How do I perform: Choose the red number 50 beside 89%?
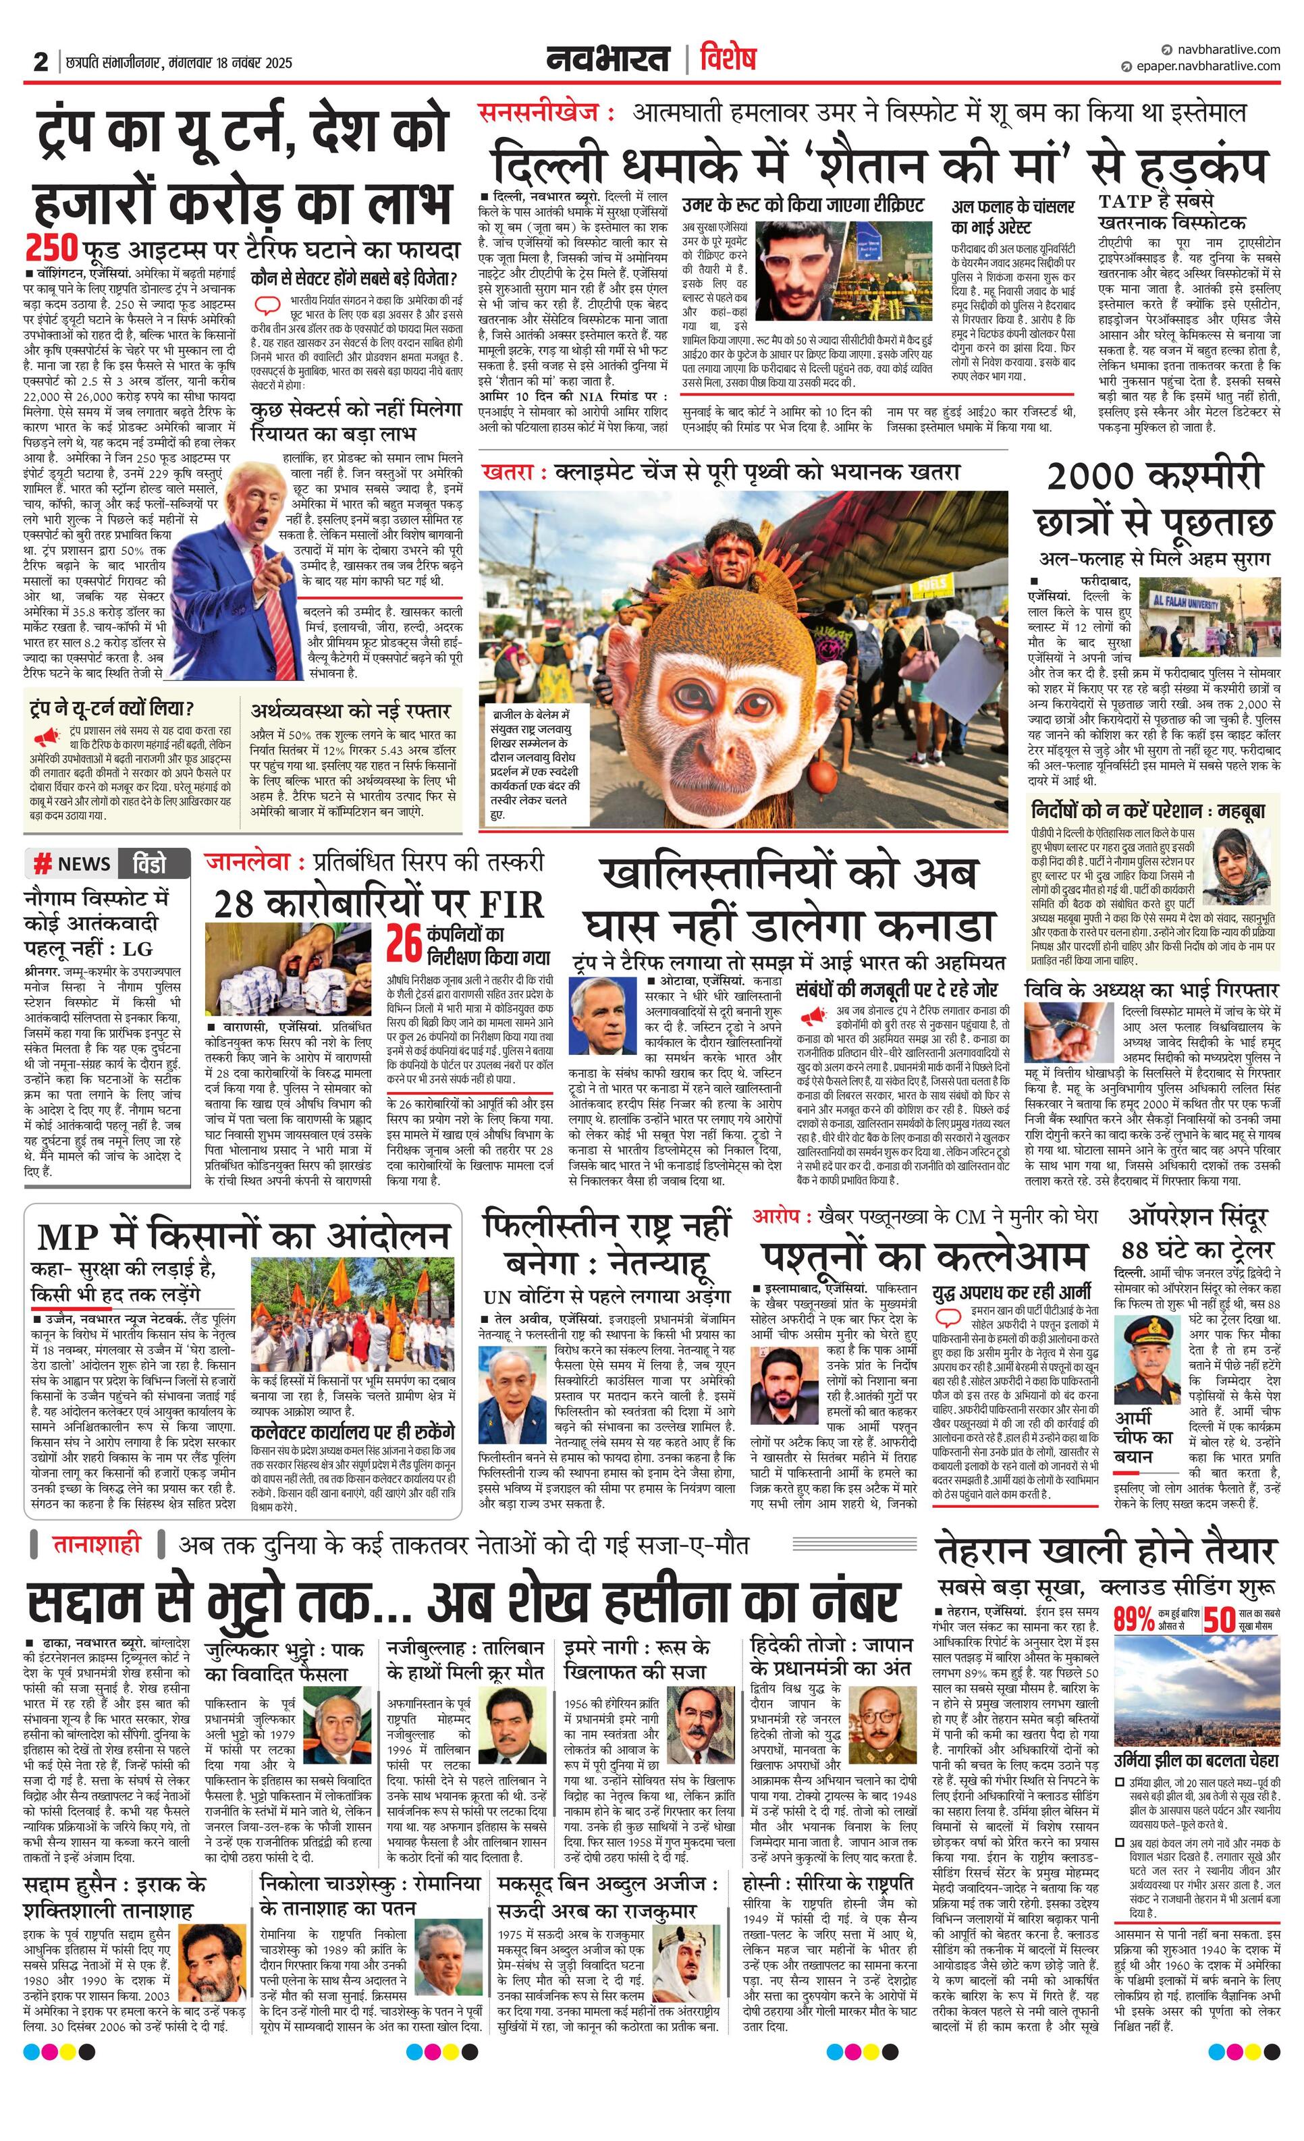[x=1219, y=1620]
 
